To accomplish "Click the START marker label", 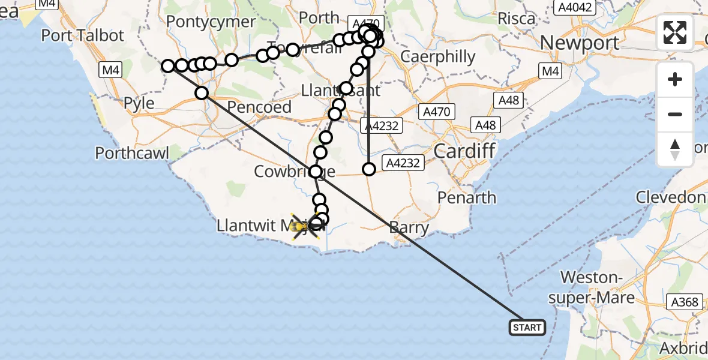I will click(527, 327).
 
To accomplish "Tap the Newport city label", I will click(580, 43).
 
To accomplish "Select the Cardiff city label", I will click(464, 151).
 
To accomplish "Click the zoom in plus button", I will click(675, 79).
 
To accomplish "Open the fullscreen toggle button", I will click(675, 32).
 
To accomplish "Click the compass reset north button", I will click(675, 149).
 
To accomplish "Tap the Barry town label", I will click(409, 228).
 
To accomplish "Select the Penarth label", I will click(467, 197).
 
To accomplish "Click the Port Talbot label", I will click(83, 35).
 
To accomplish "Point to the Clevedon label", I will click(670, 197).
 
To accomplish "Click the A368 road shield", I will click(685, 302).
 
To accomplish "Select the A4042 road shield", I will click(575, 7).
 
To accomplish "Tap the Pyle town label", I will click(139, 103).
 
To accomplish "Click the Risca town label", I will click(516, 18).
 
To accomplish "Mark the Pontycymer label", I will click(203, 22).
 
